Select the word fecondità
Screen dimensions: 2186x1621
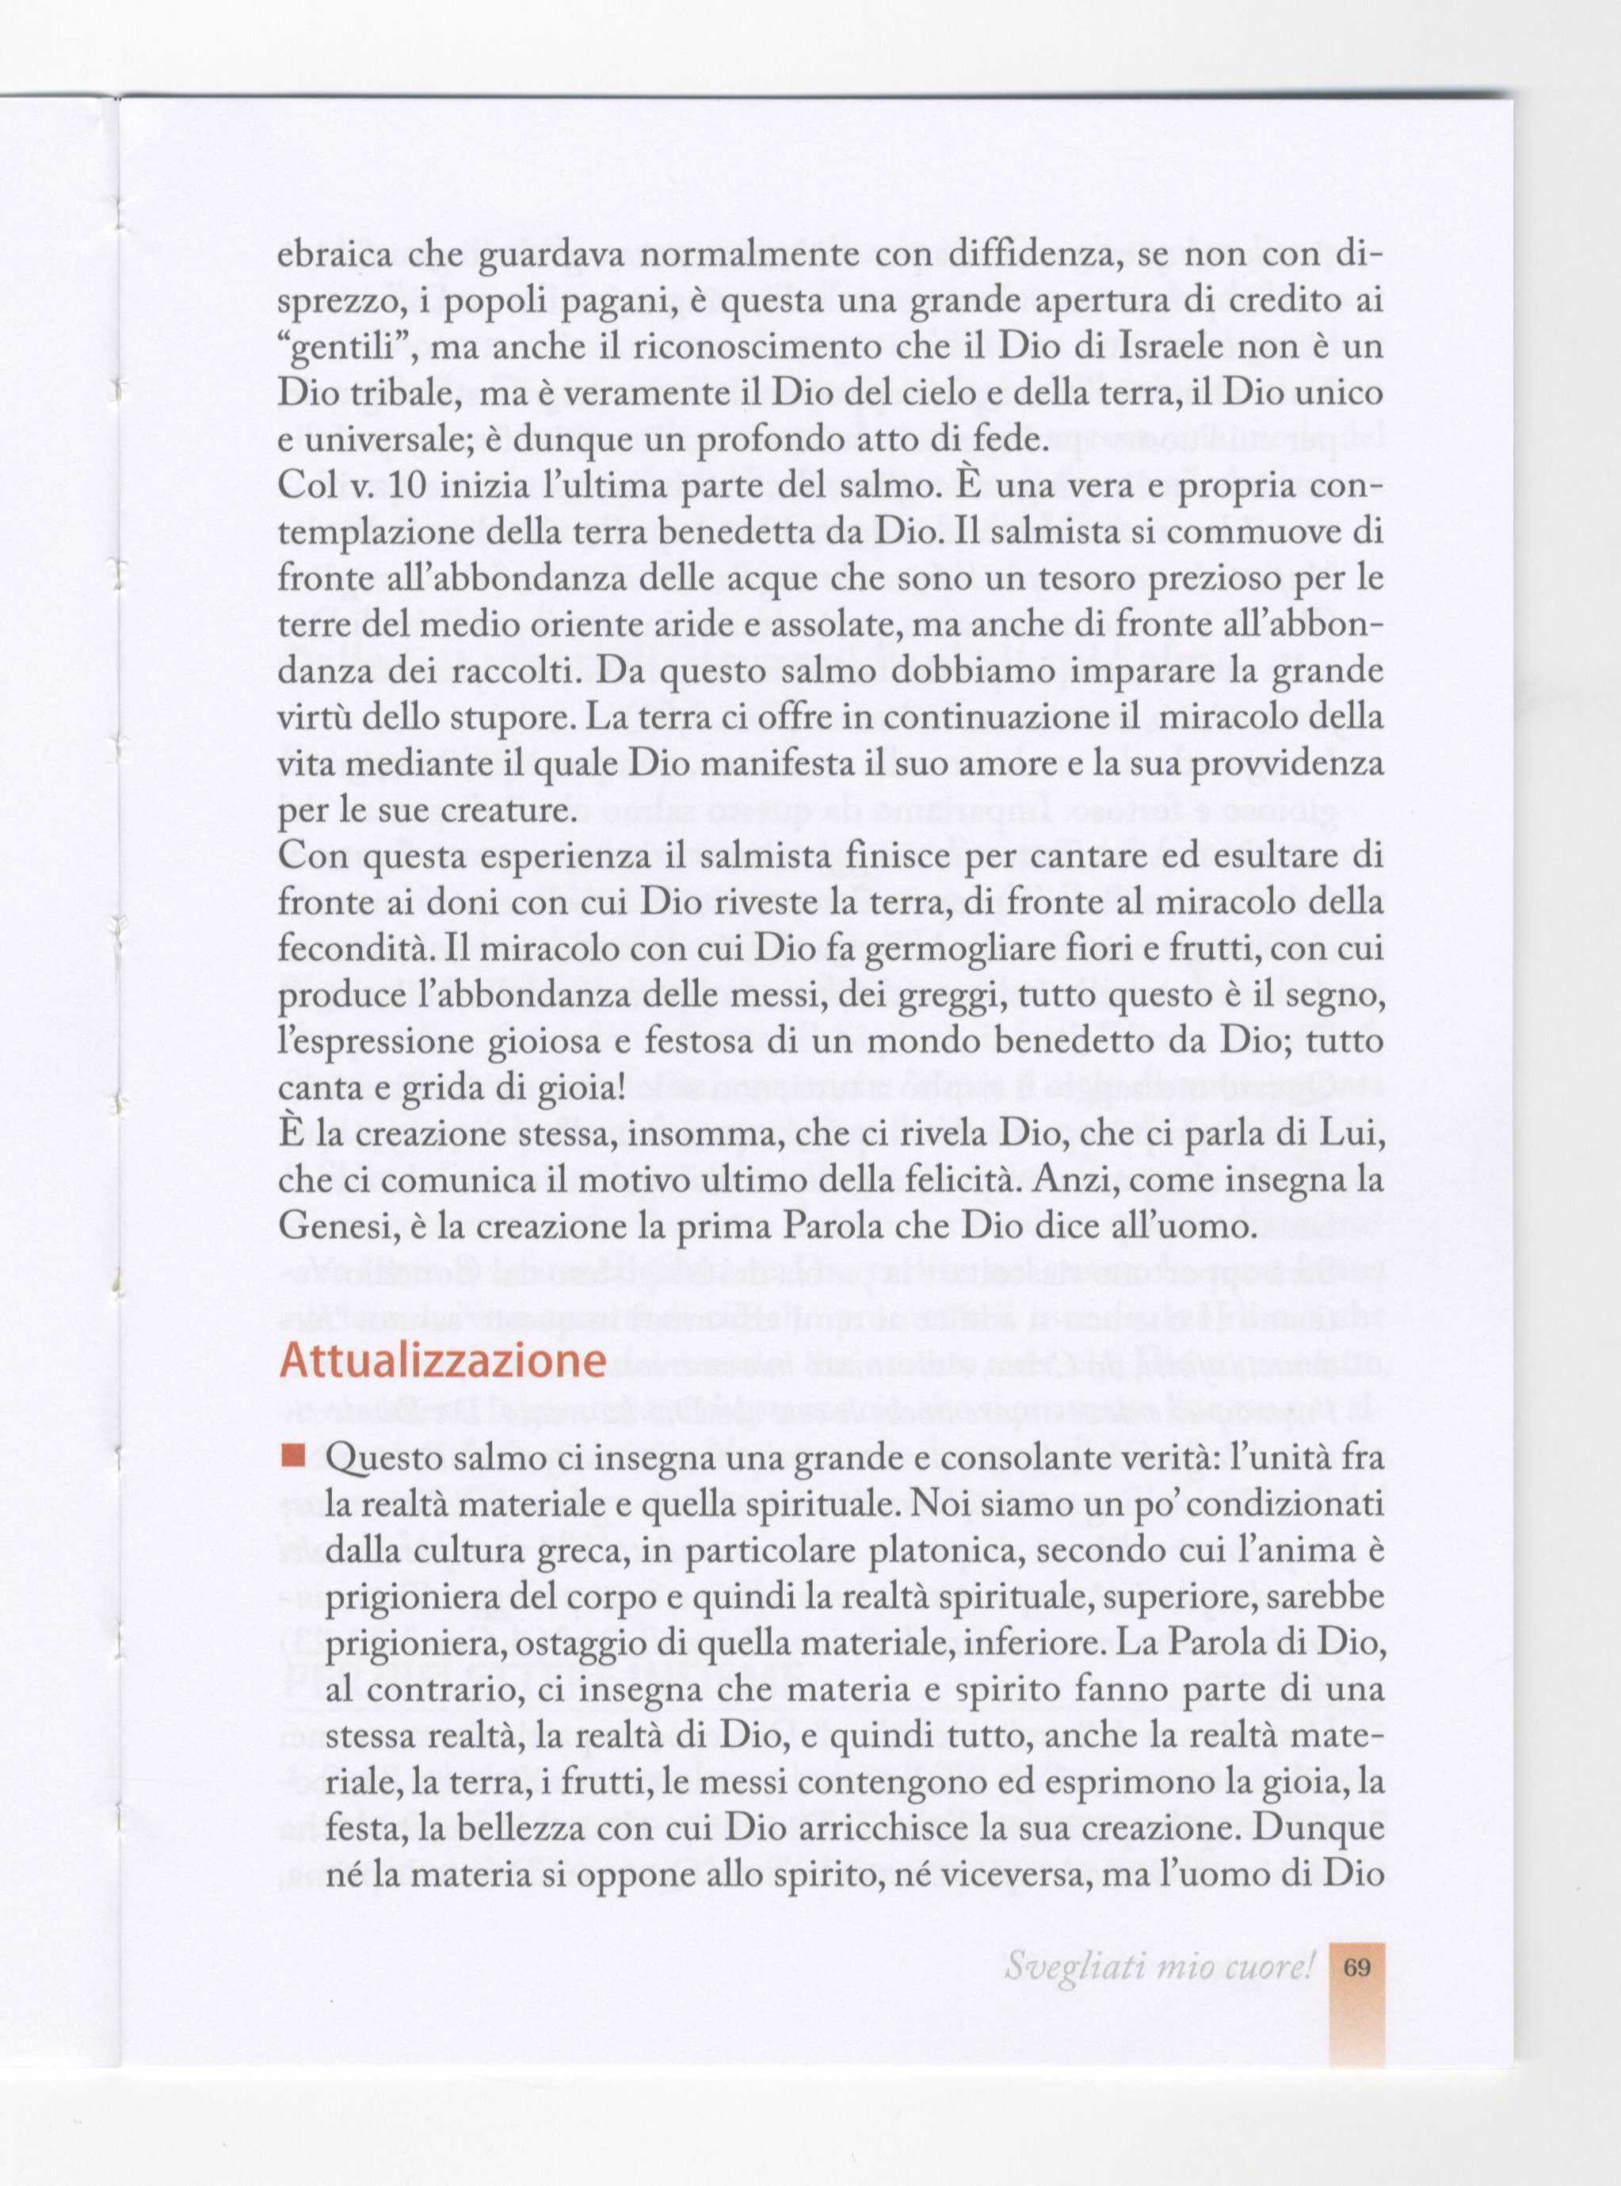point(351,950)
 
